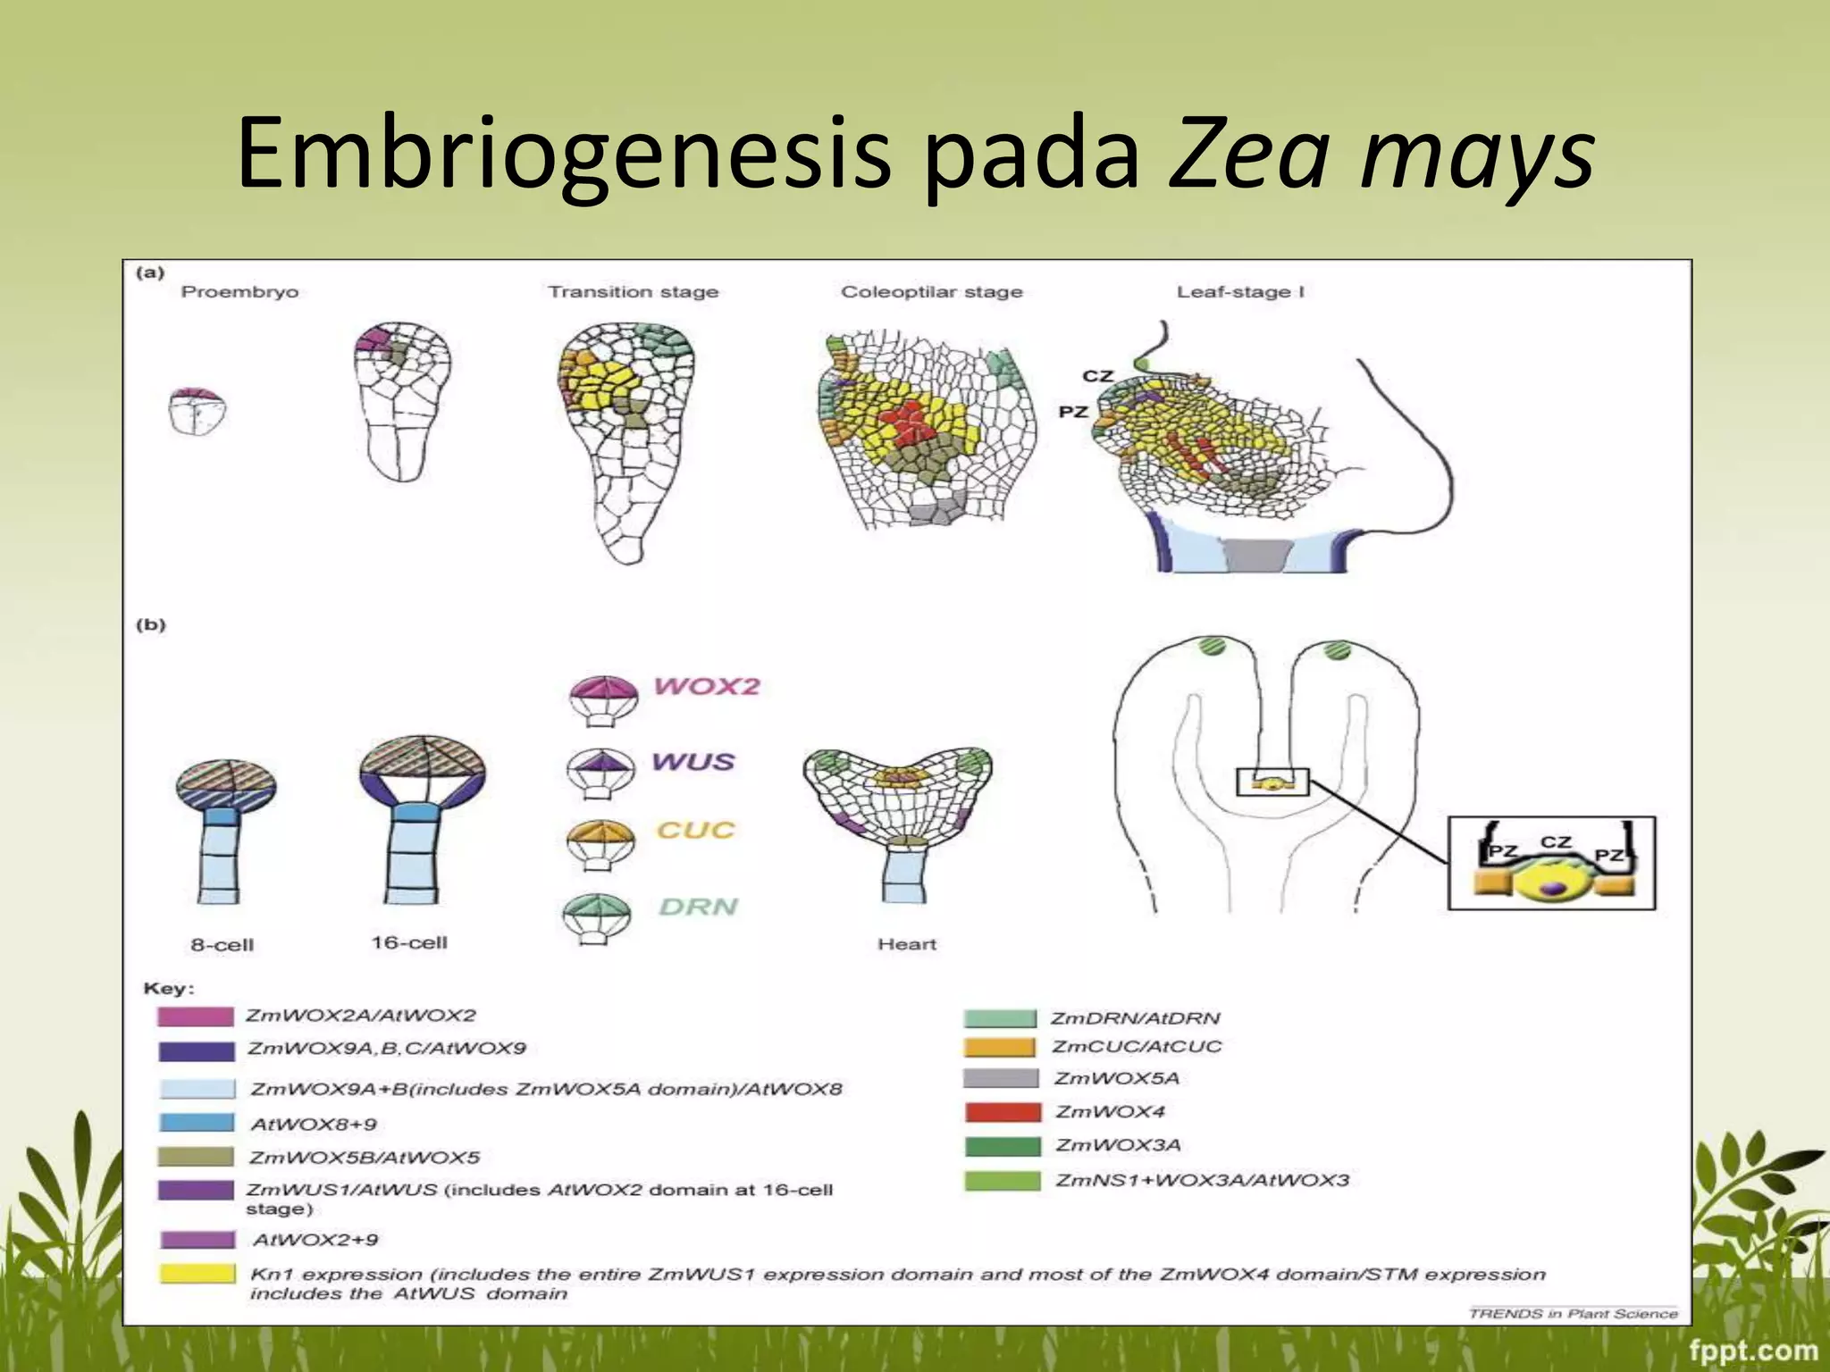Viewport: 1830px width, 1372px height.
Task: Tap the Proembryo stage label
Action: pyautogui.click(x=239, y=292)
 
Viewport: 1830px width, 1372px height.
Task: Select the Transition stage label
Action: pyautogui.click(x=633, y=292)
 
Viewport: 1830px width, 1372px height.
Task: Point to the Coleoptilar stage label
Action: pyautogui.click(x=931, y=292)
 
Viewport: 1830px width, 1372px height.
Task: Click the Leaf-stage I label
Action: pyautogui.click(x=1240, y=292)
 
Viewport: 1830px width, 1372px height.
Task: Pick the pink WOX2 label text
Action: pyautogui.click(x=706, y=687)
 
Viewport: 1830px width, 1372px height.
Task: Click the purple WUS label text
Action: pyautogui.click(x=693, y=762)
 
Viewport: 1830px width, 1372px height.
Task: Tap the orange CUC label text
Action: pyautogui.click(x=695, y=831)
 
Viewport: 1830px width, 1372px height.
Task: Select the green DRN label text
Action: pyautogui.click(x=698, y=908)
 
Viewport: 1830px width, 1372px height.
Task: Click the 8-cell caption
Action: pyautogui.click(x=222, y=945)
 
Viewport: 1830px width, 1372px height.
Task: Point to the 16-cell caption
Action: pyautogui.click(x=409, y=943)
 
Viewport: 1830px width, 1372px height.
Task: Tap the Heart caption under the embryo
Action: pyautogui.click(x=907, y=945)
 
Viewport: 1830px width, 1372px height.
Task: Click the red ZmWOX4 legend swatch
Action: pyautogui.click(x=1003, y=1113)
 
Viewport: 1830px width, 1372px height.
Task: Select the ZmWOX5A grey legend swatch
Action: pyautogui.click(x=1001, y=1079)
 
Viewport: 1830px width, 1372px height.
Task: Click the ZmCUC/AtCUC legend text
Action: pyautogui.click(x=1136, y=1047)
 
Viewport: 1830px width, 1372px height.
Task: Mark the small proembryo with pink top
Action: pyautogui.click(x=197, y=412)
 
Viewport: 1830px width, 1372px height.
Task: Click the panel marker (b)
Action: pyautogui.click(x=151, y=624)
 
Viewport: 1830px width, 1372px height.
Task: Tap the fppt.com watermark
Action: pyautogui.click(x=1752, y=1350)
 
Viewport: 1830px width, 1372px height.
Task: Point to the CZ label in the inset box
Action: pyautogui.click(x=1556, y=841)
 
